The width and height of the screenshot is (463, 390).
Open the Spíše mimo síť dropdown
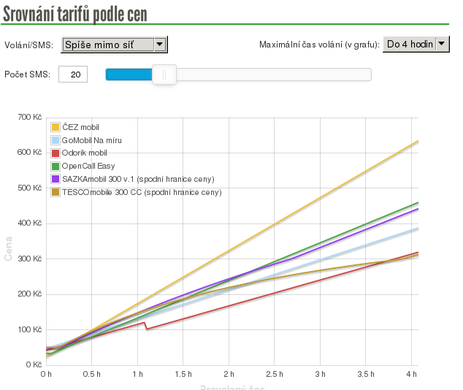click(115, 45)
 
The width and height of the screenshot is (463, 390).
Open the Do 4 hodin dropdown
click(416, 45)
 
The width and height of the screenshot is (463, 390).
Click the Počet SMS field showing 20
click(73, 74)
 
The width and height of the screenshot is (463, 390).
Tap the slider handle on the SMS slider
click(164, 74)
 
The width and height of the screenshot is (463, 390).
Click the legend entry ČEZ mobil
click(80, 127)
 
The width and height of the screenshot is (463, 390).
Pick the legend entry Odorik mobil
click(85, 153)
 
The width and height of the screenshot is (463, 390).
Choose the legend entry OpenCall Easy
click(88, 167)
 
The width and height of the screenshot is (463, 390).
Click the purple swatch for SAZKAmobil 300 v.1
click(56, 179)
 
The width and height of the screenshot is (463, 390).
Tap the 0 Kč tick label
click(33, 364)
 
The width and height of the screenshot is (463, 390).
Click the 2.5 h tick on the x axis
click(275, 375)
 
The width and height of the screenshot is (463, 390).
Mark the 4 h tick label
click(412, 375)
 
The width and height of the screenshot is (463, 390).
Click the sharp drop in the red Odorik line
click(145, 326)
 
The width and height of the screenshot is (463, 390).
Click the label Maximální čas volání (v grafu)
click(319, 45)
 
